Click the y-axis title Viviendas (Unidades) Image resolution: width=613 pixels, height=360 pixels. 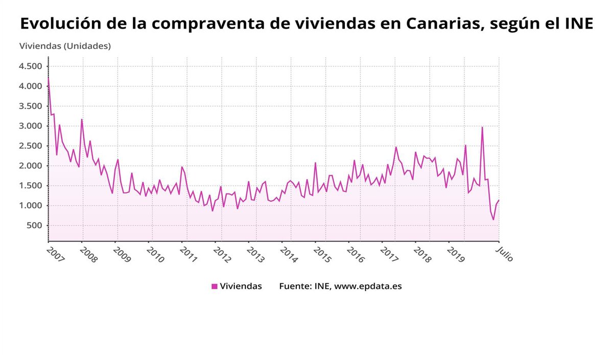65,46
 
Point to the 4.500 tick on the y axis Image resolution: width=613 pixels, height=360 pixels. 31,66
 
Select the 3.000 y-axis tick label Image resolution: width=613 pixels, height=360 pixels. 31,126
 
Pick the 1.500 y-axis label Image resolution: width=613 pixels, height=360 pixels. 31,186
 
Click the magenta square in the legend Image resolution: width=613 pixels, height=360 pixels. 215,286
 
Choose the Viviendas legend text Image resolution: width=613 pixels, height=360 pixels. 241,286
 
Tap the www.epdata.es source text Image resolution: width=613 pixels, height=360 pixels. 368,286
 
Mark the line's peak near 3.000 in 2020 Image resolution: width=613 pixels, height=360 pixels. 482,128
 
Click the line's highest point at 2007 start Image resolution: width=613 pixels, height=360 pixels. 49,78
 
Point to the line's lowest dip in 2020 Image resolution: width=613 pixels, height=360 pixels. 493,220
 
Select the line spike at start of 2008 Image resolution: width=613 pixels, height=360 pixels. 82,119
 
